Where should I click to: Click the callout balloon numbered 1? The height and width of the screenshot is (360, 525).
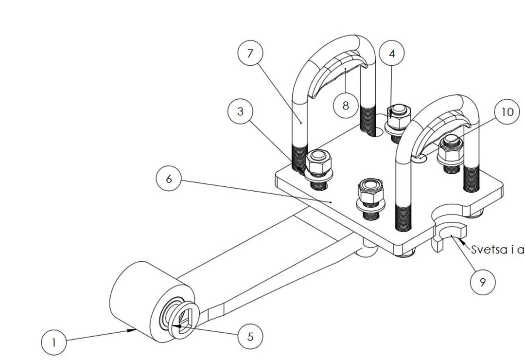54,342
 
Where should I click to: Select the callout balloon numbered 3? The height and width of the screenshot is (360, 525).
240,111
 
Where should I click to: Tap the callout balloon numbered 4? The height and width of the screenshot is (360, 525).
392,54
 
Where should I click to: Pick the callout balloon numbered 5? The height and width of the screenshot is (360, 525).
250,337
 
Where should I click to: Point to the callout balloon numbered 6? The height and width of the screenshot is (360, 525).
168,179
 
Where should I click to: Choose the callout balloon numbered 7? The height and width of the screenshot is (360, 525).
250,53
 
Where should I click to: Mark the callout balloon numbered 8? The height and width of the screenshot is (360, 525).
346,105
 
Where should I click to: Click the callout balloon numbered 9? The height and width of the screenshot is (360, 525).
482,282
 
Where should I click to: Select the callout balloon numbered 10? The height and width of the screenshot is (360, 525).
507,112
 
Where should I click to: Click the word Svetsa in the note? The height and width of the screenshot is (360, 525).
484,250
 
